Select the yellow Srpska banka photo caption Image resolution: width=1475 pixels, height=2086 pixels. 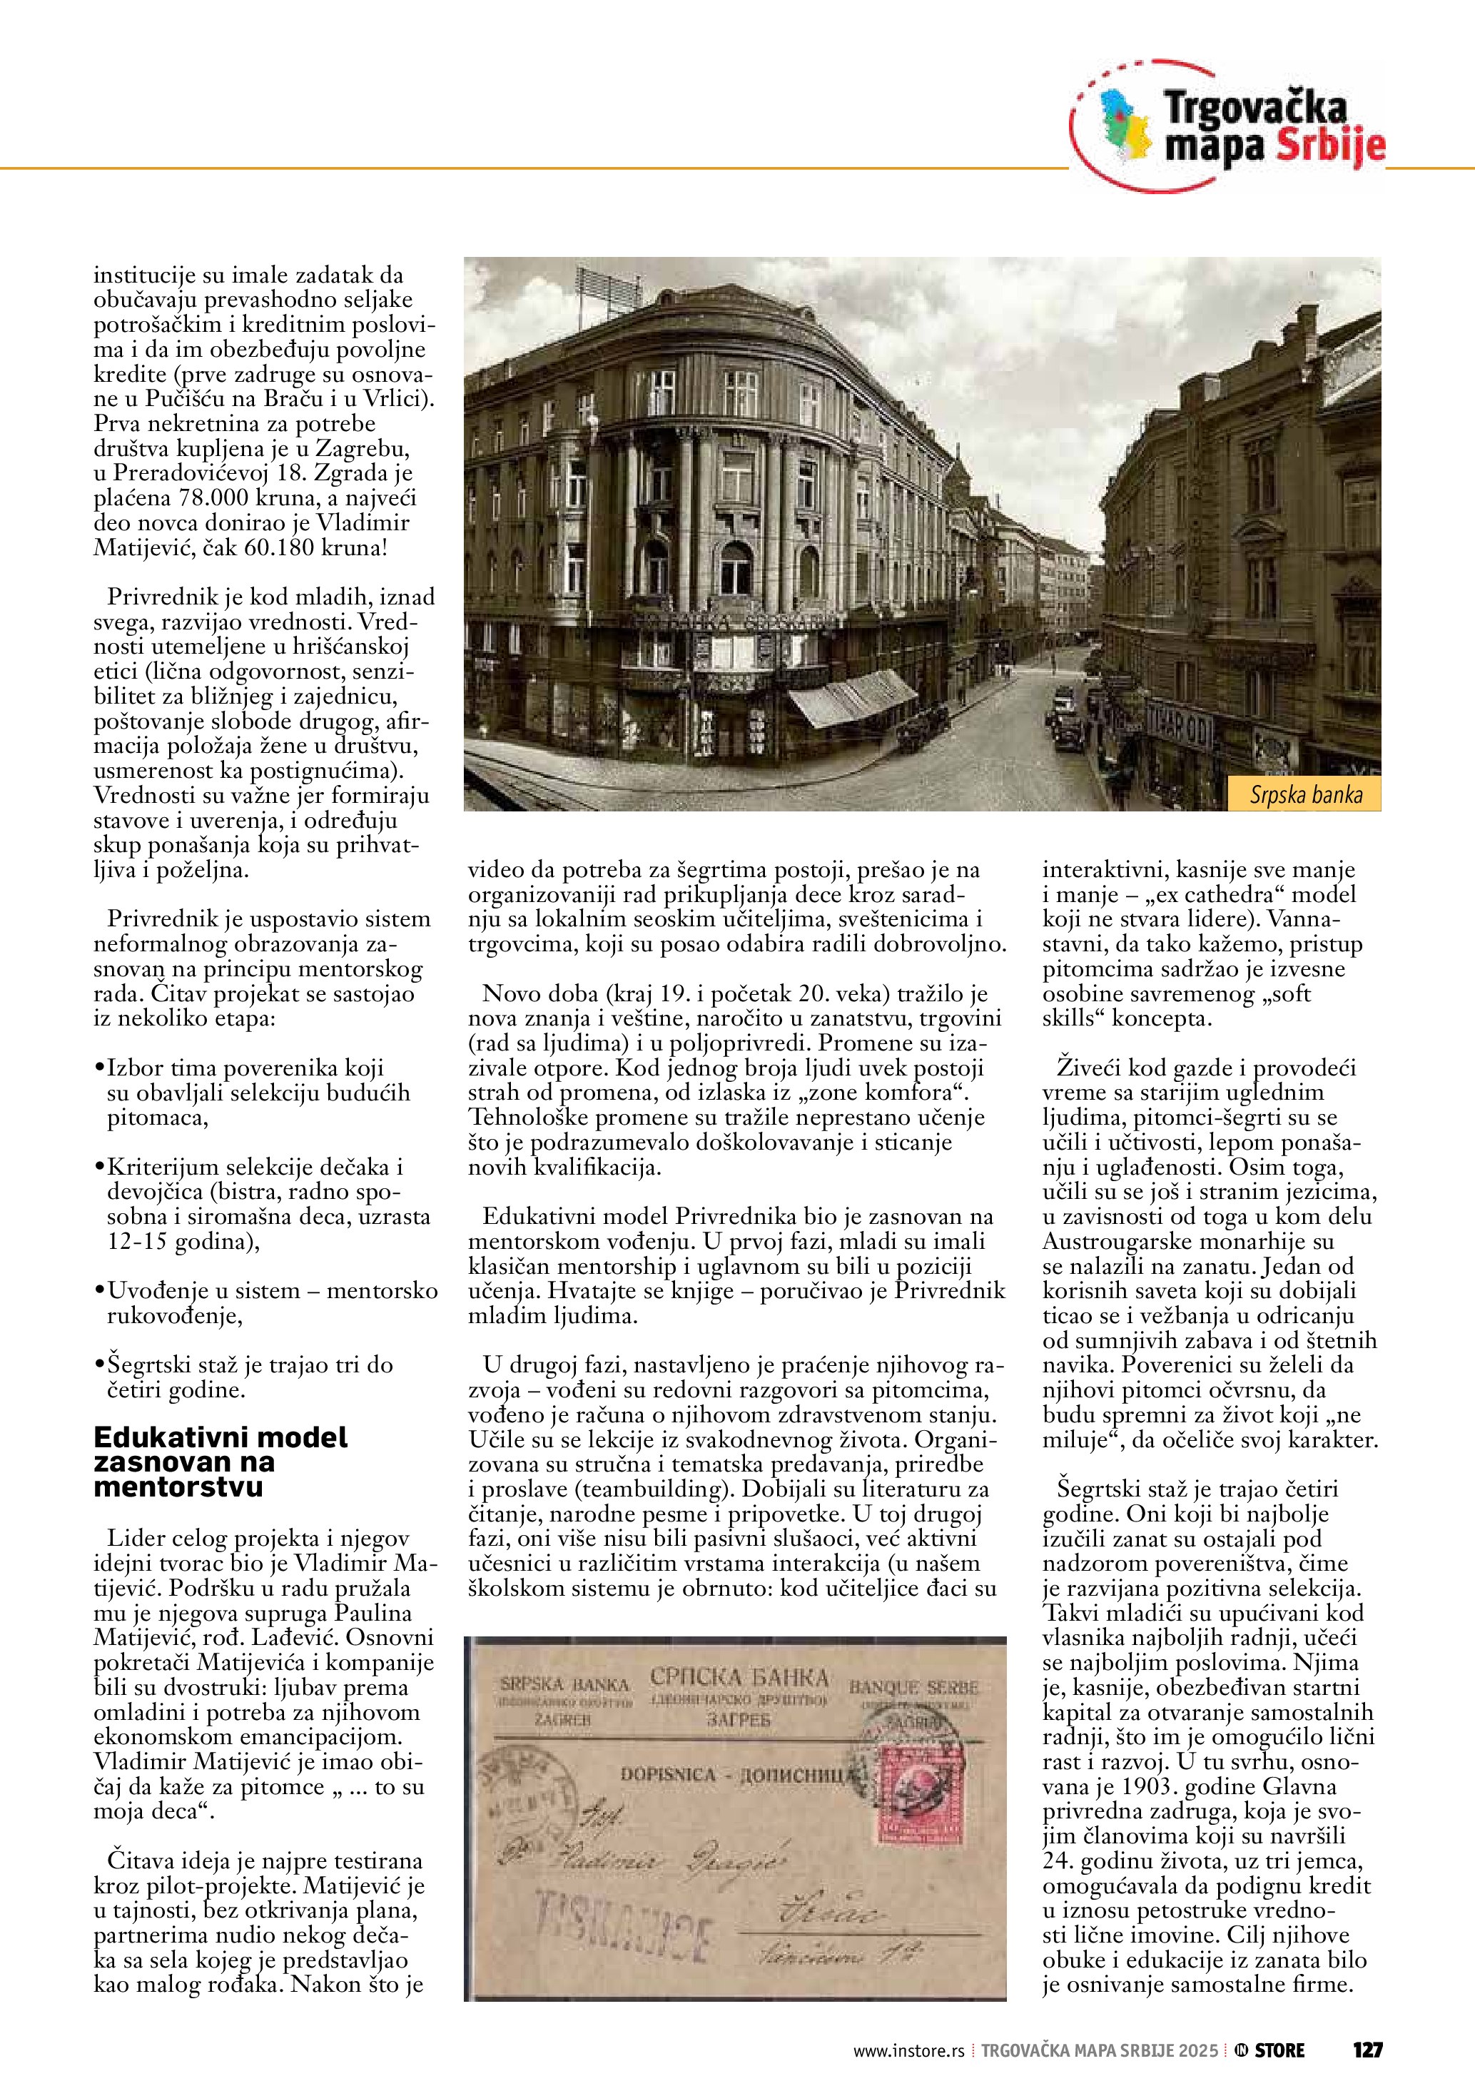tap(1305, 795)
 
